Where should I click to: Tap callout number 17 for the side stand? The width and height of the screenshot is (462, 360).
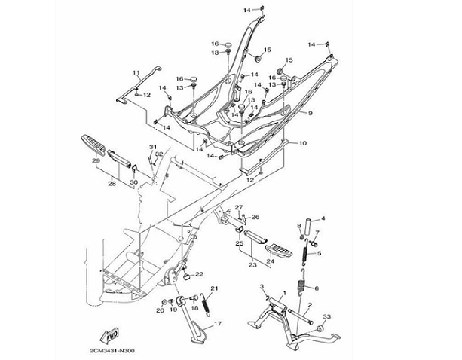pos(217,324)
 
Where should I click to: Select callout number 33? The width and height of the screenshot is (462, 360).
pos(326,316)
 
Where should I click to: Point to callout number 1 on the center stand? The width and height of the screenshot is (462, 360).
pos(284,291)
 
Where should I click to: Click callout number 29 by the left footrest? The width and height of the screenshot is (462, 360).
pos(96,161)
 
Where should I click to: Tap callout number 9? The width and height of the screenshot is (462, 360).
pos(309,114)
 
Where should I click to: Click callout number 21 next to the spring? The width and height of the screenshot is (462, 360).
pos(214,288)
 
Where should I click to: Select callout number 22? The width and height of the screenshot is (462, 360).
pos(200,273)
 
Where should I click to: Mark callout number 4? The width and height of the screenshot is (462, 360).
pos(323,218)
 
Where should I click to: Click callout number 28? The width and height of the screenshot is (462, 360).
pos(112,182)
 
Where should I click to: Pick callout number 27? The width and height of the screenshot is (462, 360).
pos(237,206)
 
